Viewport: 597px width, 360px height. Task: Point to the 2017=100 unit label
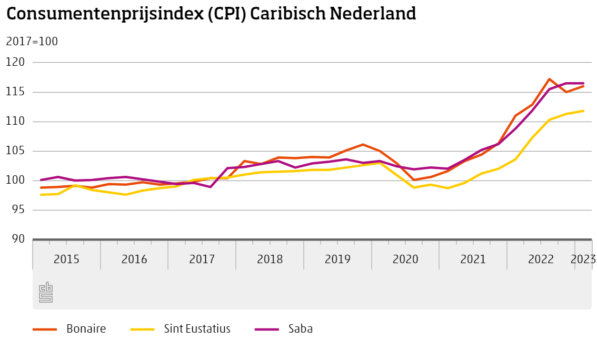click(32, 42)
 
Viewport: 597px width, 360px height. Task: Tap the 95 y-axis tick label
click(18, 210)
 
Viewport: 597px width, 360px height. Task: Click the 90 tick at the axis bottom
click(18, 239)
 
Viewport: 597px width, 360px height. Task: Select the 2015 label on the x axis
click(66, 259)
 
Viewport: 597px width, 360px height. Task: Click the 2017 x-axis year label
click(202, 259)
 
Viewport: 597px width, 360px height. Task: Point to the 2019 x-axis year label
click(337, 259)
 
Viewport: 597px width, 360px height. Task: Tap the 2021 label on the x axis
click(473, 259)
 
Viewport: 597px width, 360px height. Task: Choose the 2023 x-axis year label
click(583, 259)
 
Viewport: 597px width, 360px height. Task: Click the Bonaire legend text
click(86, 329)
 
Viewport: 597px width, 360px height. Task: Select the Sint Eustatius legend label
click(197, 329)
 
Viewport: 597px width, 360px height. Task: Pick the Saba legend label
click(301, 329)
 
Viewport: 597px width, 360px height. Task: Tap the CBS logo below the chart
click(46, 293)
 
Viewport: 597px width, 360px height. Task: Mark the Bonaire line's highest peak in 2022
click(549, 79)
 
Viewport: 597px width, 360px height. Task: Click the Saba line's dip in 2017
click(210, 187)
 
